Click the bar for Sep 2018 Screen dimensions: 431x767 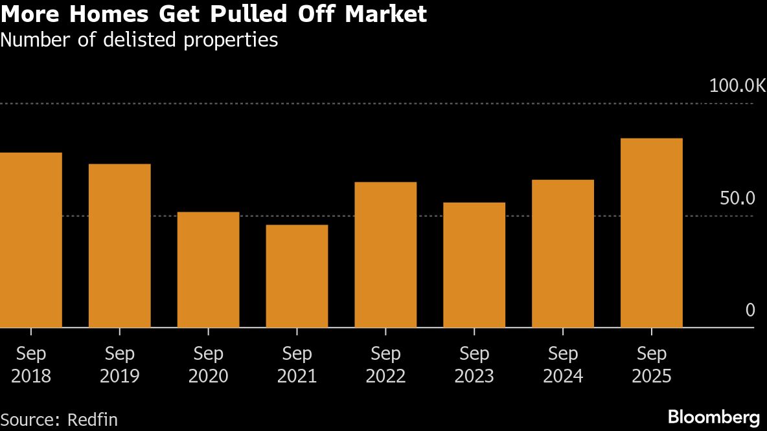pyautogui.click(x=30, y=240)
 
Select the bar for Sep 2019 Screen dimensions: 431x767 pyautogui.click(x=119, y=246)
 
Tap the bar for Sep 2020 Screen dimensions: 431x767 pyautogui.click(x=208, y=270)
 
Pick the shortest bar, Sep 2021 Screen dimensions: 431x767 pyautogui.click(x=297, y=276)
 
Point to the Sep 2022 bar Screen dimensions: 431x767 pyautogui.click(x=385, y=255)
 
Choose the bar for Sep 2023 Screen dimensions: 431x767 pyautogui.click(x=474, y=265)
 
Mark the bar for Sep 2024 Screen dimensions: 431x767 pyautogui.click(x=563, y=254)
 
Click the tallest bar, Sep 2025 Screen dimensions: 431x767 pyautogui.click(x=651, y=233)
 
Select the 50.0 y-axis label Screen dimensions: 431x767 pyautogui.click(x=738, y=198)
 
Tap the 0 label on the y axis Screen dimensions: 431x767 pyautogui.click(x=750, y=311)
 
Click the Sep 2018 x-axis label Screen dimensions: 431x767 pyautogui.click(x=31, y=365)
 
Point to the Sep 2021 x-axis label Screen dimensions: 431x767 pyautogui.click(x=297, y=365)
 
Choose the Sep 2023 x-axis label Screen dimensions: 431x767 pyautogui.click(x=474, y=365)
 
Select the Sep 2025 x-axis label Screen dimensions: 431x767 pyautogui.click(x=651, y=365)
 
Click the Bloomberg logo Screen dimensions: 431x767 pyautogui.click(x=713, y=416)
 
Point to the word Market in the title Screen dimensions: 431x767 pyautogui.click(x=389, y=14)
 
